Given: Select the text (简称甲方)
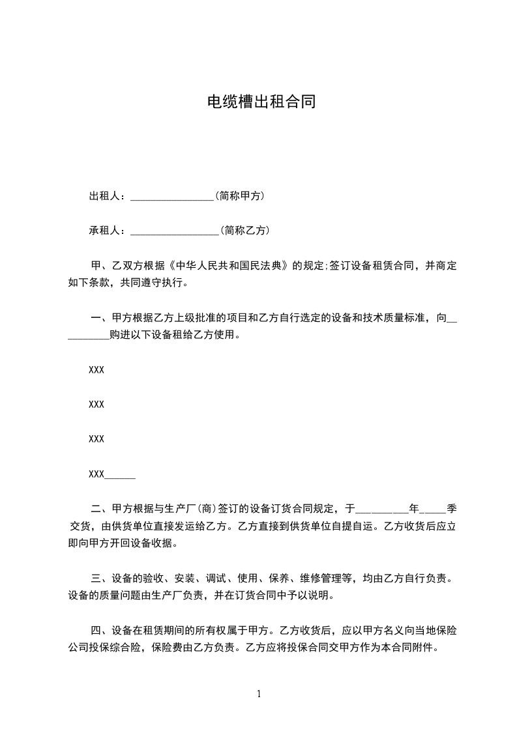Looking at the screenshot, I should click(x=239, y=195).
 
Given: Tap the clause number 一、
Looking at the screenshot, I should click(x=100, y=318).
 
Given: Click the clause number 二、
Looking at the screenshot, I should click(x=100, y=508).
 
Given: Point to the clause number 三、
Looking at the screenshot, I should click(x=100, y=577).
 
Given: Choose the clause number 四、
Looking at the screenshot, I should click(x=100, y=630).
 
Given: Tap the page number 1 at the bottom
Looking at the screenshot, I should click(x=259, y=694).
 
